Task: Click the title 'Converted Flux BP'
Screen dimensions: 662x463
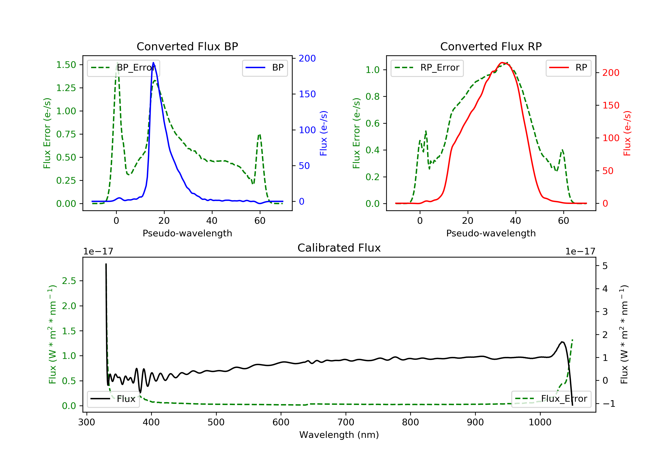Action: [187, 46]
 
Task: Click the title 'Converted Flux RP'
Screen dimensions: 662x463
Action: [491, 46]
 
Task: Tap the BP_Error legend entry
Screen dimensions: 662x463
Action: [123, 68]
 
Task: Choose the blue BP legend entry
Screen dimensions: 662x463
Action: [265, 68]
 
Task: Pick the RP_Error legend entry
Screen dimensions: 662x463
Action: [427, 68]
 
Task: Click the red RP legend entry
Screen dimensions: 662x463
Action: [568, 68]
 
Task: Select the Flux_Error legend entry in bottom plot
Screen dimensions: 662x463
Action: [551, 399]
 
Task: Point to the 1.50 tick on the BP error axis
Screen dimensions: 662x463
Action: [66, 65]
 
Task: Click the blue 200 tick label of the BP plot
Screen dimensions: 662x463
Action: [307, 58]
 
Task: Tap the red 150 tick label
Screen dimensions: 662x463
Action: [611, 105]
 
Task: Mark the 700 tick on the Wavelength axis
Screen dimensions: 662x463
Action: [346, 422]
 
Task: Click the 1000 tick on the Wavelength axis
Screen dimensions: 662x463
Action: [540, 422]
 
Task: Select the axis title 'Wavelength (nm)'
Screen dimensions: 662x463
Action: [339, 435]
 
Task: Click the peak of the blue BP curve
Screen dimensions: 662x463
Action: [153, 63]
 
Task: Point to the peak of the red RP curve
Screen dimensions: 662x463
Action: [502, 63]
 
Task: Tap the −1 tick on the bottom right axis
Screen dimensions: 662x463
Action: [609, 404]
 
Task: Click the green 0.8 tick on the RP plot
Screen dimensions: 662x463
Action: [372, 97]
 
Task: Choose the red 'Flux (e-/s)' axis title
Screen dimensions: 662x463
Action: [627, 133]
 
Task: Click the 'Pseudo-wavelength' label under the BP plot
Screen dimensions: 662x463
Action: [187, 233]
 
